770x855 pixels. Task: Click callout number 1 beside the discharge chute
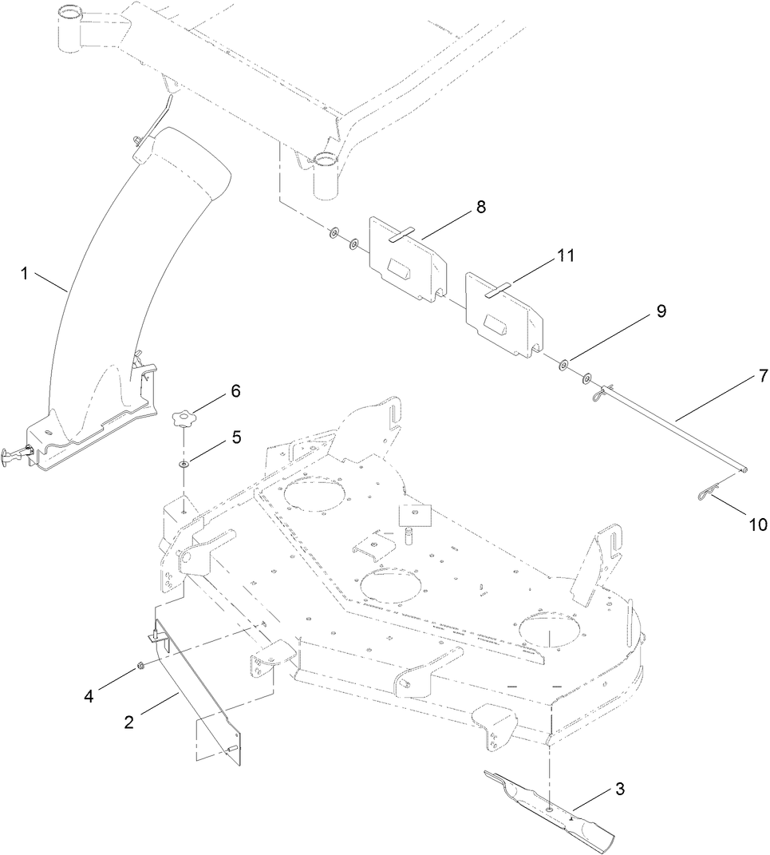click(25, 274)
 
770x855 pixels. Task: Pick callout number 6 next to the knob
click(236, 391)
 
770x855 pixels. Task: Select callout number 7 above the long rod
click(763, 374)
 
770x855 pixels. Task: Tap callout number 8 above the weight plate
click(480, 207)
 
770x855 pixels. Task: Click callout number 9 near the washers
click(661, 311)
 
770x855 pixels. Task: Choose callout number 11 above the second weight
click(566, 255)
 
